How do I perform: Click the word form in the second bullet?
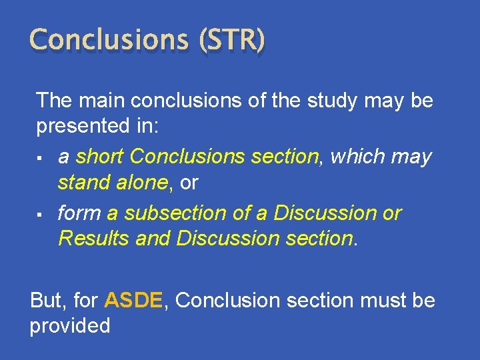(80, 213)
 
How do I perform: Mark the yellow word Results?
(94, 238)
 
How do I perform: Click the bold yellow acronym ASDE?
(133, 301)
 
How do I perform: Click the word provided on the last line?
(70, 326)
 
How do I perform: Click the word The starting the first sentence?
(55, 101)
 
